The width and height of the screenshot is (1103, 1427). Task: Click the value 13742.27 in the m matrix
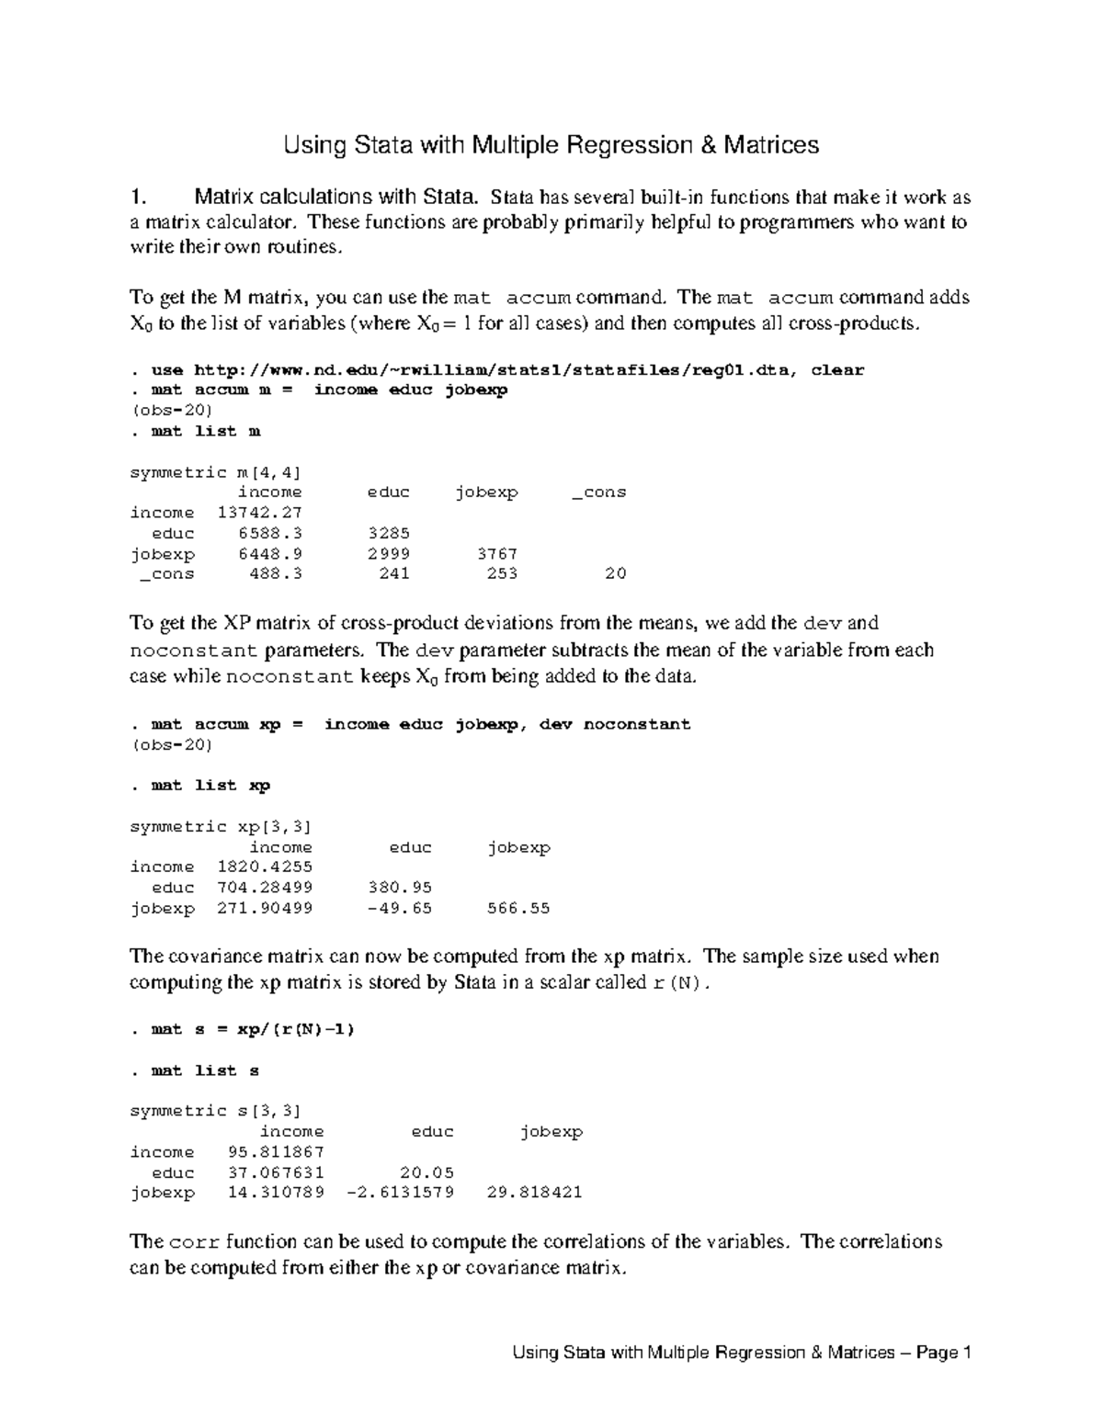click(260, 513)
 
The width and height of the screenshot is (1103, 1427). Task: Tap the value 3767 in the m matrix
click(497, 554)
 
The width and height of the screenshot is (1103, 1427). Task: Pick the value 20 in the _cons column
click(616, 573)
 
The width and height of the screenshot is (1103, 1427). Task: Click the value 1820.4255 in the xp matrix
click(265, 866)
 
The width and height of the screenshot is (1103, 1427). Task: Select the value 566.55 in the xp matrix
click(518, 909)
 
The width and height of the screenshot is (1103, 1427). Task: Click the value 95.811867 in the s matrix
click(276, 1152)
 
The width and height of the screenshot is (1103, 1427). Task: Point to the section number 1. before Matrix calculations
click(139, 197)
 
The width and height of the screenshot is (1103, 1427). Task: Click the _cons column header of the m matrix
click(599, 493)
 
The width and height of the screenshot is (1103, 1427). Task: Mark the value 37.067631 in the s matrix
click(276, 1172)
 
